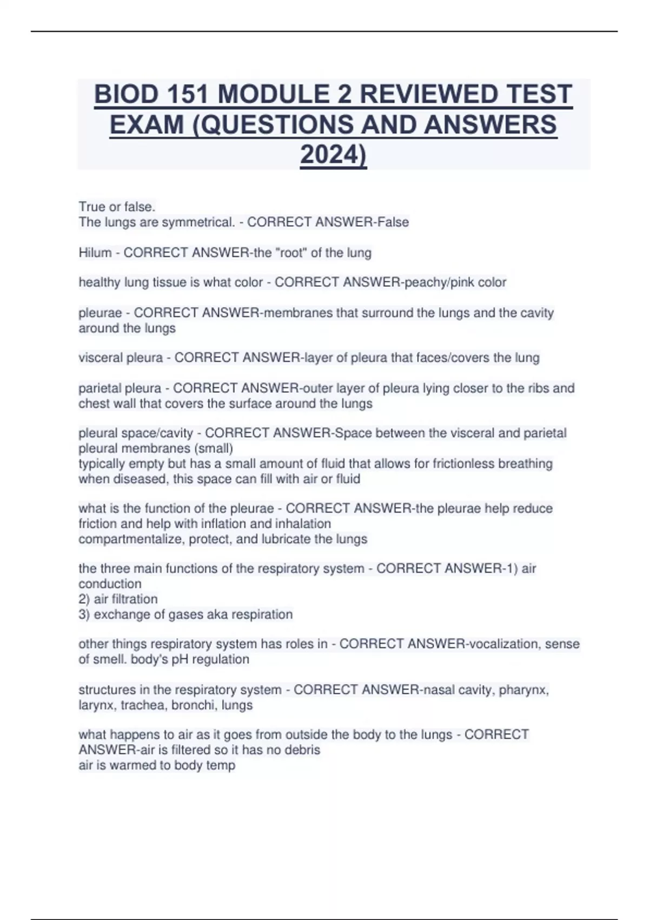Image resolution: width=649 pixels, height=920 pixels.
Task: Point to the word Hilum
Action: tap(95, 253)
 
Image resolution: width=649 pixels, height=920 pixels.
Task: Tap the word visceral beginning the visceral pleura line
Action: tap(100, 358)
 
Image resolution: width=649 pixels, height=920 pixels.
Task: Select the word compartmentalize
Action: tap(131, 539)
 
